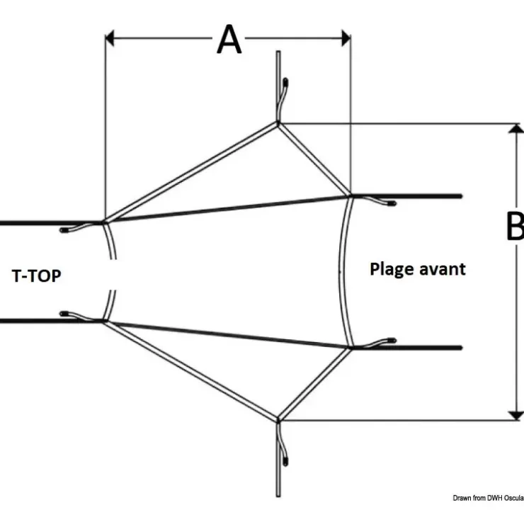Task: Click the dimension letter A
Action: coord(229,39)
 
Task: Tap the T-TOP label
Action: coord(36,276)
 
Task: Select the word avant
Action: coord(442,269)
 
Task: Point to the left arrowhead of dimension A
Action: coord(110,38)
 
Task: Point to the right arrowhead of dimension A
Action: coord(346,38)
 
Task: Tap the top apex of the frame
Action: coord(278,124)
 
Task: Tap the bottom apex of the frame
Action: coord(278,420)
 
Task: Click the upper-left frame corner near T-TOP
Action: coord(105,222)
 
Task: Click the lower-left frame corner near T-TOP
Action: coord(105,321)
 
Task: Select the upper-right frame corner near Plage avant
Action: coord(351,196)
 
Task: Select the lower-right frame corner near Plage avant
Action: coord(351,348)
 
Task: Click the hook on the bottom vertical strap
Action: coord(283,445)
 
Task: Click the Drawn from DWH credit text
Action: coord(489,499)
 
